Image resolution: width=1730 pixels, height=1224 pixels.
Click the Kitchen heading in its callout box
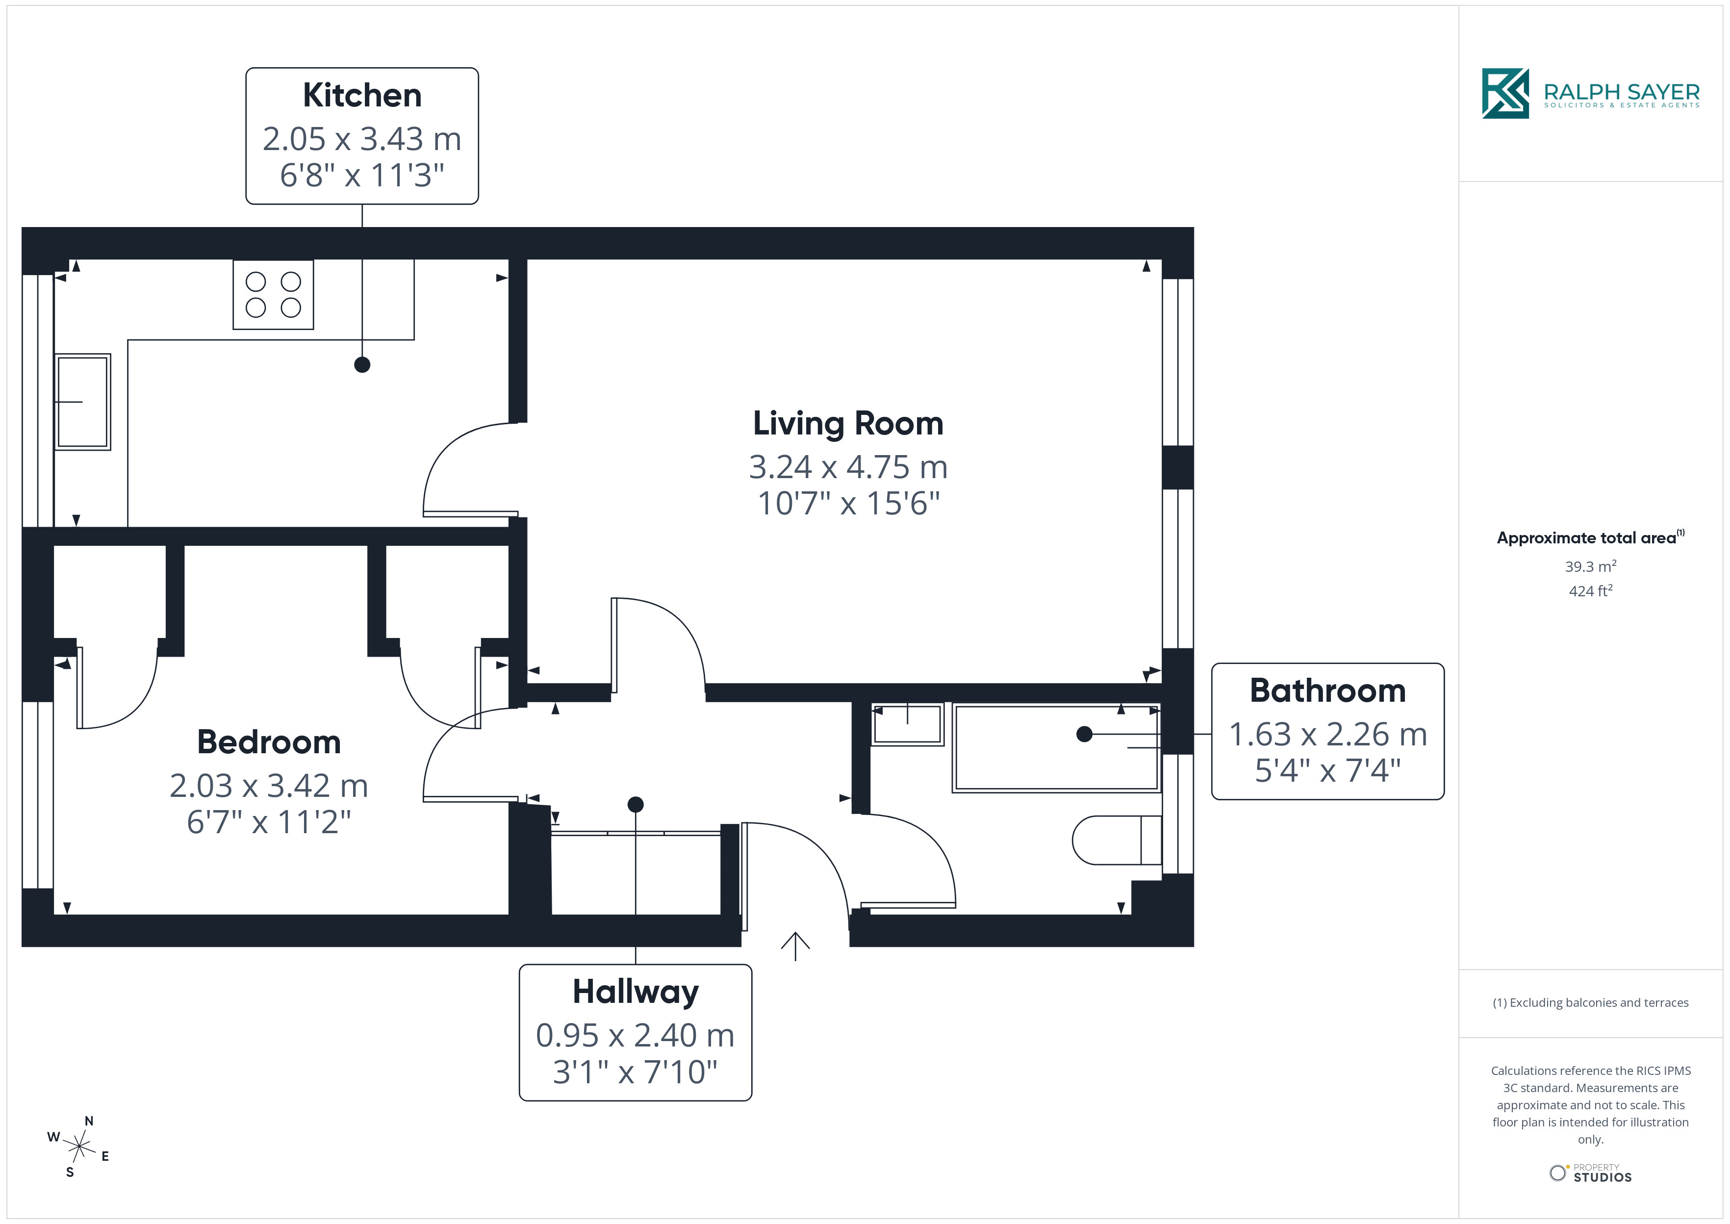tap(362, 96)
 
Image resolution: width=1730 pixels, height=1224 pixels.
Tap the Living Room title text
tap(848, 424)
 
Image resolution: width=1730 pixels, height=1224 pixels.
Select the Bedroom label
tap(269, 742)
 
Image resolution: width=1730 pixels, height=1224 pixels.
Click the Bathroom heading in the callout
tap(1327, 690)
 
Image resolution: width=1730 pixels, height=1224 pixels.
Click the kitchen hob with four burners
tap(273, 295)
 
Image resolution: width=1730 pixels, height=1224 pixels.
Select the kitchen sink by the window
tap(83, 402)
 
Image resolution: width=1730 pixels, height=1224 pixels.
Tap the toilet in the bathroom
tap(1117, 840)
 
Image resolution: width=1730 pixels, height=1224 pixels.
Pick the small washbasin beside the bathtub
tap(907, 724)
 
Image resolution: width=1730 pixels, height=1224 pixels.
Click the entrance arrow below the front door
tap(795, 946)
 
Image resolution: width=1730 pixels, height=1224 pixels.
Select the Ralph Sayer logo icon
tap(1505, 94)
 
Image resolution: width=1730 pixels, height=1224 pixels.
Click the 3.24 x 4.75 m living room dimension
tap(848, 467)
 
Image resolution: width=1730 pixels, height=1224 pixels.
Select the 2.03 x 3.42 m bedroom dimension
tap(269, 786)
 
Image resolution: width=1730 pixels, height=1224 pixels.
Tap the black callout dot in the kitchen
tap(362, 365)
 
